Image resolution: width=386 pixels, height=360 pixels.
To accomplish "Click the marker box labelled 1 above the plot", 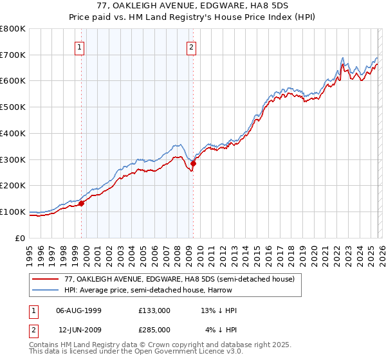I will tap(79, 46).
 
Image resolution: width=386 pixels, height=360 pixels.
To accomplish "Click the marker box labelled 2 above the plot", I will tap(192, 46).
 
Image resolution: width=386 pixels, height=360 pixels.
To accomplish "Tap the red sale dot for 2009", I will tap(193, 163).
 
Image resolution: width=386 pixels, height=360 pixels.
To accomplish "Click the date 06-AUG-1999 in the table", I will tap(75, 310).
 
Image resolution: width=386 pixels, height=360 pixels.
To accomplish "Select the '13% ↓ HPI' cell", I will tap(219, 310).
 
